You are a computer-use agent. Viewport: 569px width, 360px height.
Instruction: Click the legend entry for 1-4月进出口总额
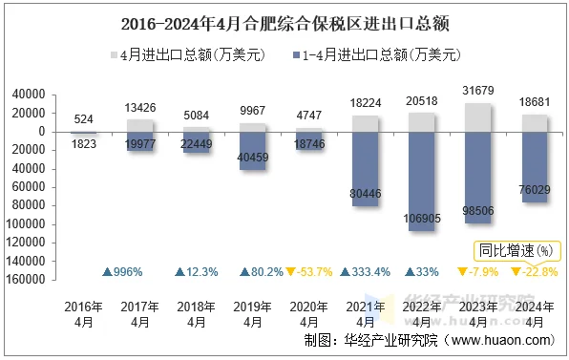pos(376,55)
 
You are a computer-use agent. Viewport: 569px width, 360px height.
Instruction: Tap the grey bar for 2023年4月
pos(478,116)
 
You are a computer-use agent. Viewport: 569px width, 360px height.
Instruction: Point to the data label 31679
pos(478,91)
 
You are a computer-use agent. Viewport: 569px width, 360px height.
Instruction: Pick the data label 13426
pos(140,108)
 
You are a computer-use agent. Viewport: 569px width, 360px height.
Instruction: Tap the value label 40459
pos(253,157)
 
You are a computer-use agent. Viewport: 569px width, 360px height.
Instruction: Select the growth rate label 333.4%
pos(365,272)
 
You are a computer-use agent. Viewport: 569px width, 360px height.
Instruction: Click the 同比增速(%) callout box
pos(516,251)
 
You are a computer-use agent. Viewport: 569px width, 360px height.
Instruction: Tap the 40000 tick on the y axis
pos(30,95)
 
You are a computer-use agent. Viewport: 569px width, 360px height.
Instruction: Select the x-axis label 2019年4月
pos(253,314)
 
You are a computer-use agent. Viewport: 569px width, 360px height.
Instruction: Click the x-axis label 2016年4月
pos(84,314)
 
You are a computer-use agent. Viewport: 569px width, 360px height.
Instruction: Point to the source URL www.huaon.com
pos(500,340)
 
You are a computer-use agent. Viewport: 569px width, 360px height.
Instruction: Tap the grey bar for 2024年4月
pos(535,122)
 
